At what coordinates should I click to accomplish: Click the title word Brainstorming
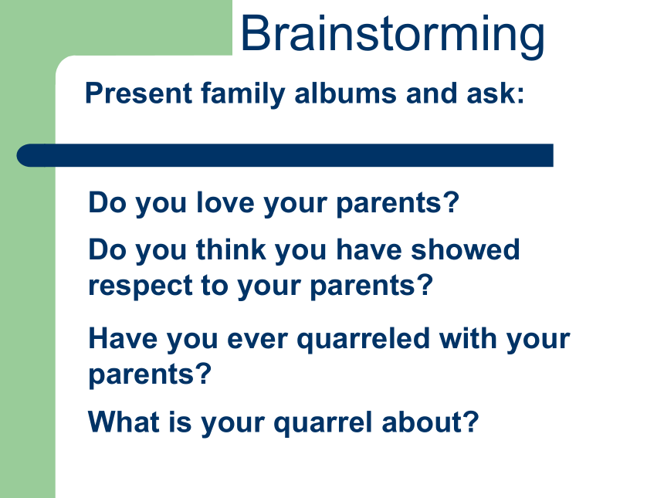(392, 36)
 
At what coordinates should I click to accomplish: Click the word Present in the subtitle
(139, 93)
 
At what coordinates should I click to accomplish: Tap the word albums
(346, 93)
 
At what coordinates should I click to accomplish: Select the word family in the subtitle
(243, 94)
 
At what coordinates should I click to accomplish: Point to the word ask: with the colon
(496, 93)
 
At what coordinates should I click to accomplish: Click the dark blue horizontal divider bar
(285, 155)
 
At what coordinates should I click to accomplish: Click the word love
(225, 202)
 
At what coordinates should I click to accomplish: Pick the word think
(231, 249)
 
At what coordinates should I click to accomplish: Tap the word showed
(466, 249)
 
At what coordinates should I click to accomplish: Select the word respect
(141, 286)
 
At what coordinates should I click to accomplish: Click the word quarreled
(364, 340)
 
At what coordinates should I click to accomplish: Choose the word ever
(257, 340)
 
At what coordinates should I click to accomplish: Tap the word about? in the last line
(430, 422)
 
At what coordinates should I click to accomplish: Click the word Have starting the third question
(123, 338)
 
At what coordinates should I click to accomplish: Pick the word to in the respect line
(215, 286)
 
